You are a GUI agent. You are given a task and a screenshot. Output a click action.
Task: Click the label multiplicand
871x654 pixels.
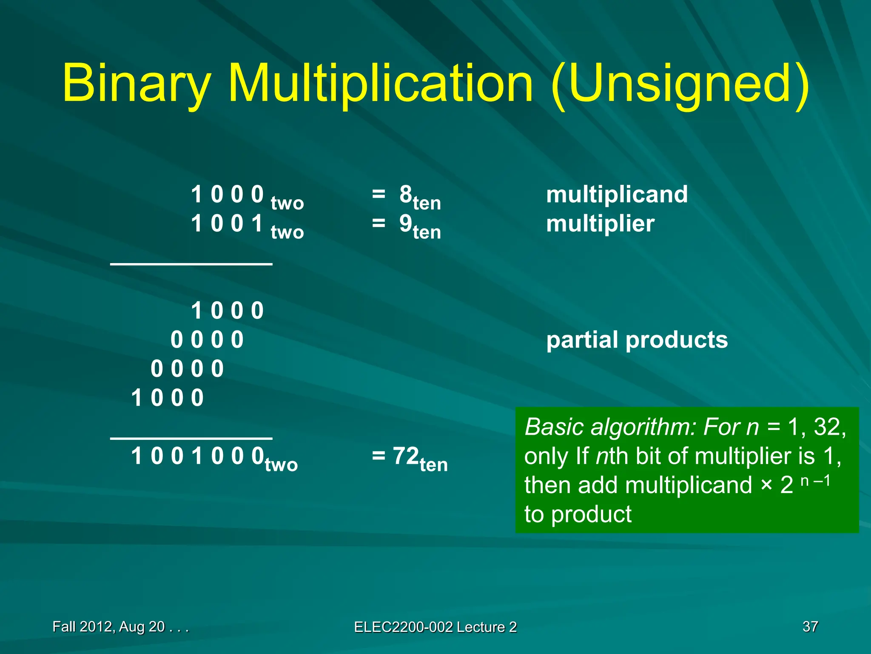617,195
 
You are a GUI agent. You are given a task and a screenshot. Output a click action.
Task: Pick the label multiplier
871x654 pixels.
600,224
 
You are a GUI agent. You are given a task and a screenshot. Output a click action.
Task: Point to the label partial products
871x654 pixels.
637,340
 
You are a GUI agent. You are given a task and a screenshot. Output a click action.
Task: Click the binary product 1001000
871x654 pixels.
197,456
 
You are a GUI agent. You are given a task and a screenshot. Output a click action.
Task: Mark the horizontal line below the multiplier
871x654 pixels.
191,264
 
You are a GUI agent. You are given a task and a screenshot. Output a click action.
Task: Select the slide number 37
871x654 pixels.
810,627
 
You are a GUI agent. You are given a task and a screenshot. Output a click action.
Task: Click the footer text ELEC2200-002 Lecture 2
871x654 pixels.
435,627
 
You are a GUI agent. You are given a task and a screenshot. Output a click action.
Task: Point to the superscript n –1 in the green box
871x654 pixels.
815,481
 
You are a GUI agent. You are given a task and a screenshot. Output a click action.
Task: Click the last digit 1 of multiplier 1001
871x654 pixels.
257,224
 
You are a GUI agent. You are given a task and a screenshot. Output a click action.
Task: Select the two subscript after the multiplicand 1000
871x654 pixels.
287,203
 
